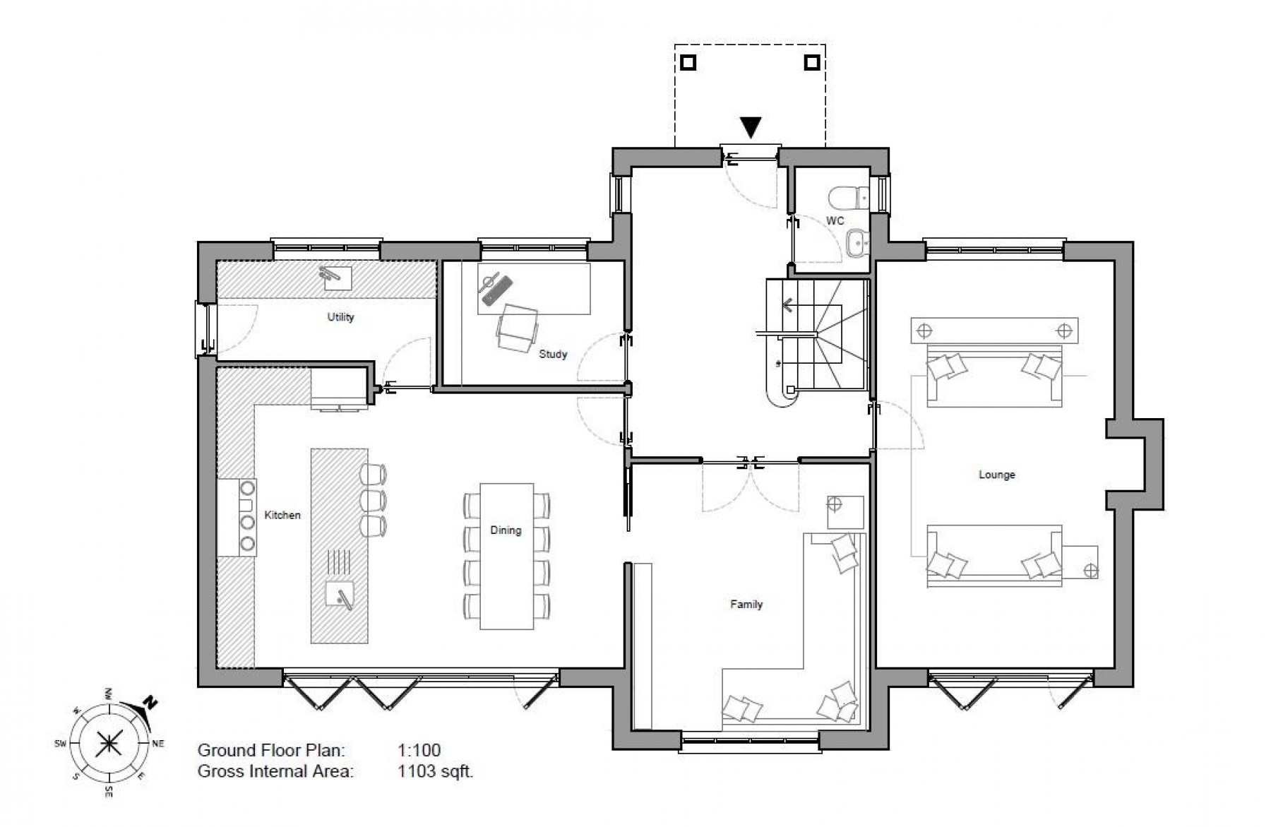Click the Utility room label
tap(340, 317)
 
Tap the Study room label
tap(553, 354)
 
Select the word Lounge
tap(996, 475)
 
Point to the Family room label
tap(746, 605)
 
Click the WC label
tap(835, 220)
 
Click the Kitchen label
tap(282, 515)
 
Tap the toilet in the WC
tap(846, 196)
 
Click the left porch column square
tap(688, 63)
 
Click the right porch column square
tap(812, 63)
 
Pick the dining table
tap(506, 556)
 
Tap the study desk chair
tap(517, 328)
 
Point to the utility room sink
tap(338, 278)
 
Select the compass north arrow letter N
tap(150, 703)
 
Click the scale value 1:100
tap(419, 751)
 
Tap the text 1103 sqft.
tap(436, 771)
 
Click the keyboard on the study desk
tap(496, 293)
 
